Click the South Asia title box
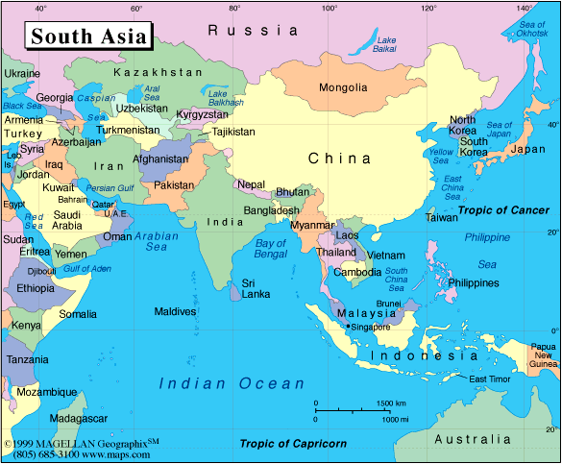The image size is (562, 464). pyautogui.click(x=88, y=37)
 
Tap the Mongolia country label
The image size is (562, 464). pyautogui.click(x=343, y=87)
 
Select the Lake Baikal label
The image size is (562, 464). pyautogui.click(x=386, y=44)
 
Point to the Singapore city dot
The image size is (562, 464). pyautogui.click(x=348, y=327)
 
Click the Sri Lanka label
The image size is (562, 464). pyautogui.click(x=255, y=289)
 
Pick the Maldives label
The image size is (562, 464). pyautogui.click(x=175, y=311)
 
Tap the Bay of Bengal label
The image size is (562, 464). pyautogui.click(x=272, y=250)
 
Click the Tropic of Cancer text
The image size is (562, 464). pyautogui.click(x=503, y=209)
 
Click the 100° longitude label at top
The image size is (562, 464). pyautogui.click(x=330, y=8)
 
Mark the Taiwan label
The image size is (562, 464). pyautogui.click(x=442, y=217)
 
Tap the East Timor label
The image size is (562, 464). pyautogui.click(x=489, y=379)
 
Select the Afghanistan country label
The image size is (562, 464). pyautogui.click(x=160, y=159)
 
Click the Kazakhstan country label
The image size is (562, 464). pyautogui.click(x=158, y=72)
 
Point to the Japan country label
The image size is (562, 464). pyautogui.click(x=526, y=149)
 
